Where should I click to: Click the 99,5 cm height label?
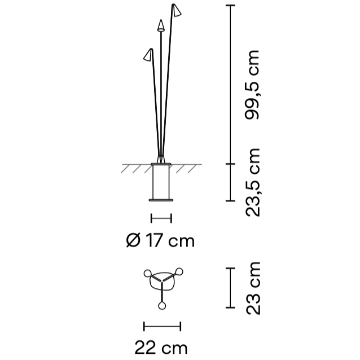coord(252,85)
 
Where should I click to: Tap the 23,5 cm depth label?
coord(253,182)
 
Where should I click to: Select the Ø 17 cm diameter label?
coord(160,240)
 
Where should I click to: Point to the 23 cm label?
coord(253,288)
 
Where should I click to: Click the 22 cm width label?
coord(161,348)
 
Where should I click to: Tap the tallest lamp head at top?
coord(177,10)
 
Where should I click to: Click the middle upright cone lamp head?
coord(161,25)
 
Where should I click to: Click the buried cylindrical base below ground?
coord(161,182)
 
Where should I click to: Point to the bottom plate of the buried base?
coord(161,200)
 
